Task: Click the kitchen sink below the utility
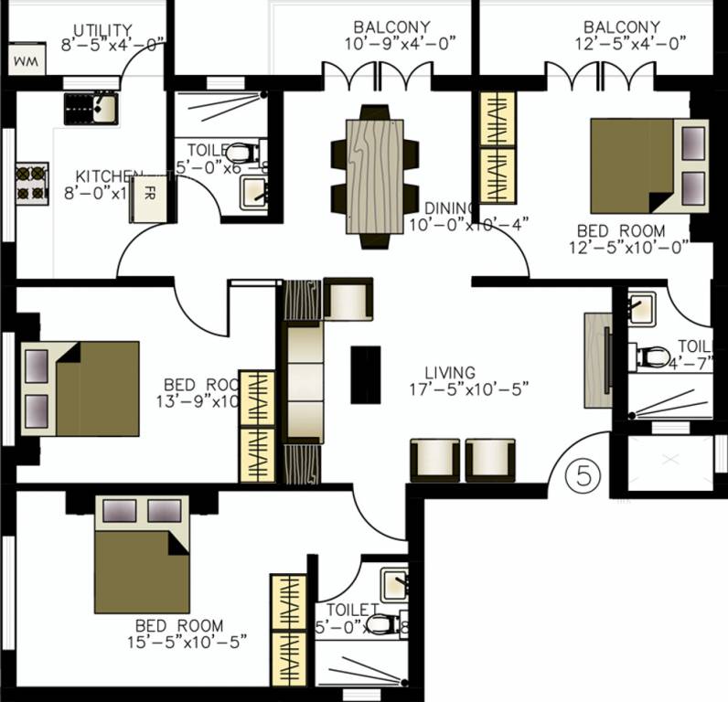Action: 90,109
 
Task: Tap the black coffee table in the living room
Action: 366,374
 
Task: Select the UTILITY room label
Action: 102,30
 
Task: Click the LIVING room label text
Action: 450,373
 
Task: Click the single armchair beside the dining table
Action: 348,301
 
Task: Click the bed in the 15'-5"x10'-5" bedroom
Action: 142,554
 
